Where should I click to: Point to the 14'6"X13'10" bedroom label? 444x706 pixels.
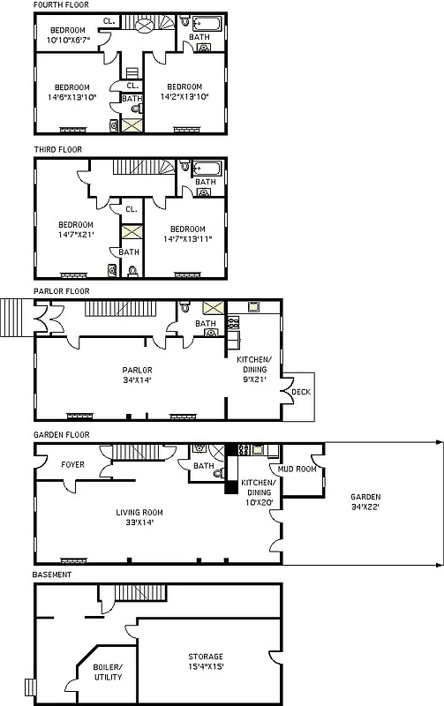[x=71, y=92]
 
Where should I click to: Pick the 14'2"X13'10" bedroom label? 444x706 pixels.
[x=185, y=92]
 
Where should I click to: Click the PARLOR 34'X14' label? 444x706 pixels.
[x=137, y=374]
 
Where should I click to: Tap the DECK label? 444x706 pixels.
[x=302, y=392]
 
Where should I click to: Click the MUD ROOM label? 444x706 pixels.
[x=298, y=469]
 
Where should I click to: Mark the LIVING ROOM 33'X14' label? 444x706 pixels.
[x=139, y=516]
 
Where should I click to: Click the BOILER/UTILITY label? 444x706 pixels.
[x=108, y=672]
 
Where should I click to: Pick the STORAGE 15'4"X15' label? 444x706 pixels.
[x=205, y=661]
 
